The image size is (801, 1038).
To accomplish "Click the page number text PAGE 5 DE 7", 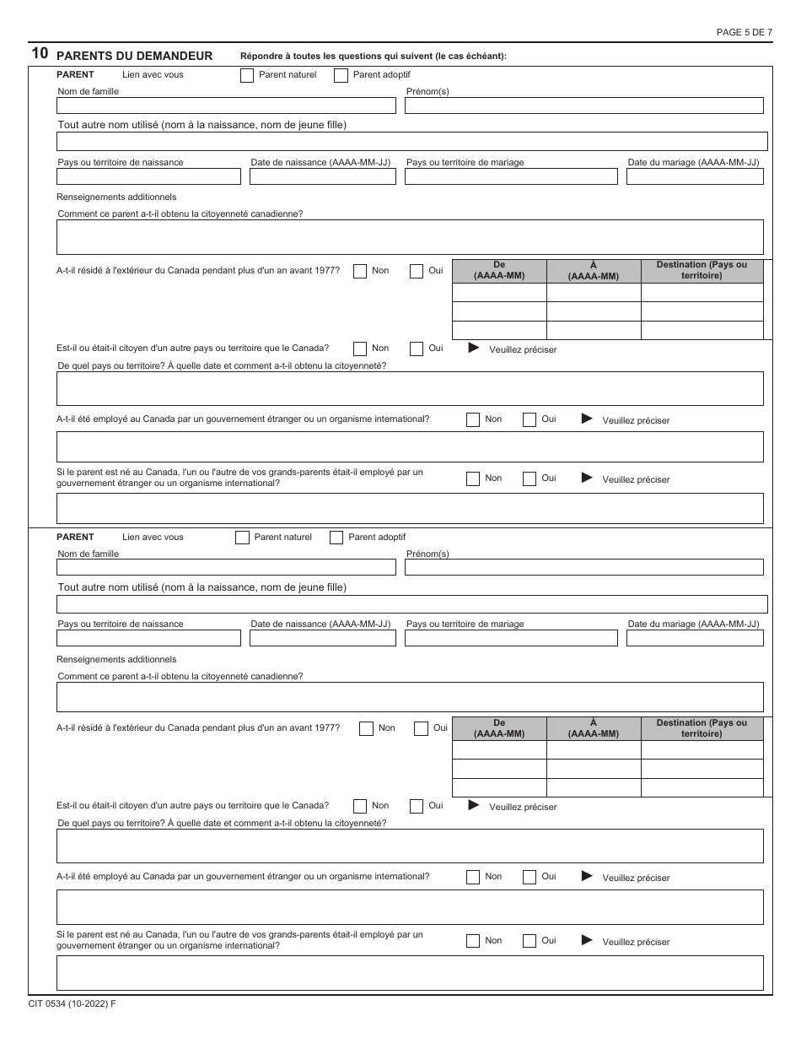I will coord(744,32).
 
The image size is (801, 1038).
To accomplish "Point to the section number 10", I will coord(39,54).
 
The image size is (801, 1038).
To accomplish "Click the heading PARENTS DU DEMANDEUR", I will coord(134,56).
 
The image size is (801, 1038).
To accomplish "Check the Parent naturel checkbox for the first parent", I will coord(247,75).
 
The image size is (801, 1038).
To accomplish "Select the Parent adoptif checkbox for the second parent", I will coord(336,538).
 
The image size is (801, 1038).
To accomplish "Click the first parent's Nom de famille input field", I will coord(226,105).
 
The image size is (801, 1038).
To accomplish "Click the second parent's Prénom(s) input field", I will coord(583,567).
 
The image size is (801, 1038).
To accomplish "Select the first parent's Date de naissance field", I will coord(322,176).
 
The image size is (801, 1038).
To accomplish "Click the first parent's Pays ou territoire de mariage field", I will coord(511,176).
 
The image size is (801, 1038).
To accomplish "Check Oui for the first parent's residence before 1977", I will coord(417,272).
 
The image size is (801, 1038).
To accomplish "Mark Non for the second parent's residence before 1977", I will coord(366,729).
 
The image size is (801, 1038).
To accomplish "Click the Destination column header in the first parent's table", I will coord(702,271).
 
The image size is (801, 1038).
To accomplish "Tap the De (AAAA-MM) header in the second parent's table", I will coord(499,728).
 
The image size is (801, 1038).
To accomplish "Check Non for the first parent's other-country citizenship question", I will coord(360,349).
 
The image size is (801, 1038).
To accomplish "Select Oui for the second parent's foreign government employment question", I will coord(530,877).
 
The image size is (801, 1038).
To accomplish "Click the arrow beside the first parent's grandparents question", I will coord(587,478).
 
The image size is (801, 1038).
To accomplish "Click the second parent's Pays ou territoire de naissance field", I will coord(148,638).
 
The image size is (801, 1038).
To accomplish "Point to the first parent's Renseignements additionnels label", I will coord(116,197).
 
